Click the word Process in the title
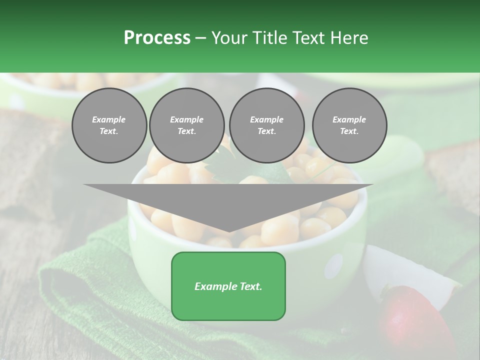click(157, 38)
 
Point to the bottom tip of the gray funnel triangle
click(228, 231)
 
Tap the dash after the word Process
click(201, 38)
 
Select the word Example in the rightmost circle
click(349, 119)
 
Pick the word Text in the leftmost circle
click(108, 131)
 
